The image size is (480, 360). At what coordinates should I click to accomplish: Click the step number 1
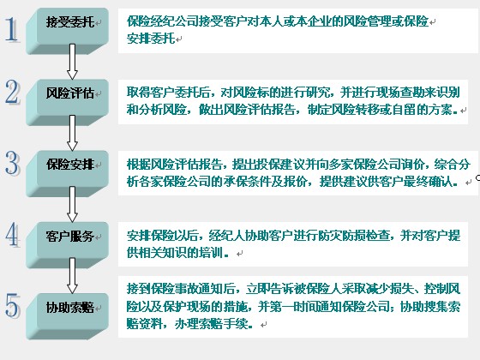pos(12,29)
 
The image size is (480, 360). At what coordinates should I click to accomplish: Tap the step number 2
pos(12,92)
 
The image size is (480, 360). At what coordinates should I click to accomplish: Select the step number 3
pos(13,163)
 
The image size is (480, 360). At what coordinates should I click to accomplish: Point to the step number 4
pos(13,235)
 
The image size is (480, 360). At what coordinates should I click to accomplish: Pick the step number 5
pos(13,305)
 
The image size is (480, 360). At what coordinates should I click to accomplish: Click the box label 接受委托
pos(70,21)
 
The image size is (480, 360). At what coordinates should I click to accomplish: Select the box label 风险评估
pos(70,93)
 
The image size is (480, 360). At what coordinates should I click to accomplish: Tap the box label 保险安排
pos(70,165)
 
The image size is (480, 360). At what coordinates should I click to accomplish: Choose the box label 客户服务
pos(70,236)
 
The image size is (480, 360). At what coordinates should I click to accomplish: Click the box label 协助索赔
pos(70,308)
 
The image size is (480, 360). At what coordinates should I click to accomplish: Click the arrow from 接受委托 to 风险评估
pos(72,62)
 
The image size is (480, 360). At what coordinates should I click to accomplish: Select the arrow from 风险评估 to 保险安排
pos(72,133)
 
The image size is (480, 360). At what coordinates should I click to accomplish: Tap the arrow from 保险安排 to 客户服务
pos(72,204)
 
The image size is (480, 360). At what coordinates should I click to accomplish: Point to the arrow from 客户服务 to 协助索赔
pos(72,275)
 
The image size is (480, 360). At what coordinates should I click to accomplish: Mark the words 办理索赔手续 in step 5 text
pos(211,324)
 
